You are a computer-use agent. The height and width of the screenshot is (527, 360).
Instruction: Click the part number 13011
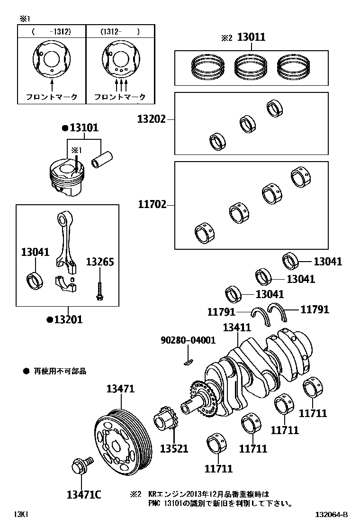coord(251,37)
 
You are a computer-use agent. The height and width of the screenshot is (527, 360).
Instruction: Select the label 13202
coord(152,119)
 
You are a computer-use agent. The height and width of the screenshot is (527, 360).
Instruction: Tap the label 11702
coord(153,204)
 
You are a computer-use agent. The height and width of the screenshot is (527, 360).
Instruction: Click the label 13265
coord(100,262)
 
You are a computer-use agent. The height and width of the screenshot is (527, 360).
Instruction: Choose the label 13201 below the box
coord(68,319)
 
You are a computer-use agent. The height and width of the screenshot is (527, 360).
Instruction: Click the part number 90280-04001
coord(188,340)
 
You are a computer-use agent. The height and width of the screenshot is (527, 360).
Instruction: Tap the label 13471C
coord(84,495)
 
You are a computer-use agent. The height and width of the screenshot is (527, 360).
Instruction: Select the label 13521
coord(174,448)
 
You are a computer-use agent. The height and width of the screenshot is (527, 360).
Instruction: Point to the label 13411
coord(237,327)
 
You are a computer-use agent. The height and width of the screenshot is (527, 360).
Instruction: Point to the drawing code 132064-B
coord(331,515)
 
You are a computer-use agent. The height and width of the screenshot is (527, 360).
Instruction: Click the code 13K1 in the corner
coord(21,515)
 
